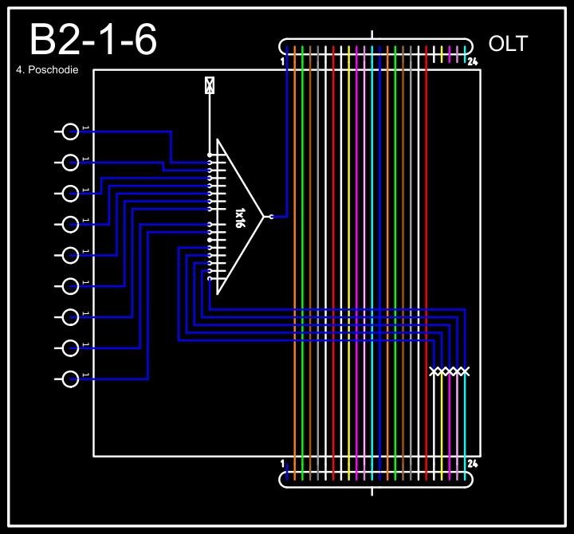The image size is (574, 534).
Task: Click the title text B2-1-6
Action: (92, 41)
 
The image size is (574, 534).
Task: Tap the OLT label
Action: (508, 44)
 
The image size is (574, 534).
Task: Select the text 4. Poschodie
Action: (47, 70)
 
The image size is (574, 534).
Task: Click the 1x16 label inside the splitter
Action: (239, 217)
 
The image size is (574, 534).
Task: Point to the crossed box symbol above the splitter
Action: (210, 85)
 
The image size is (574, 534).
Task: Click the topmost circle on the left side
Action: (71, 132)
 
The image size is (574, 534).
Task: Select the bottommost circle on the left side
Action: (71, 379)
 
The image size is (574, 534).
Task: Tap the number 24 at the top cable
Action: (472, 62)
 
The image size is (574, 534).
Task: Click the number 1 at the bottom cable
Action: (283, 463)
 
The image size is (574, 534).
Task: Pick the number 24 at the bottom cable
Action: (472, 463)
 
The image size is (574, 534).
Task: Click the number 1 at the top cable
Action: (283, 61)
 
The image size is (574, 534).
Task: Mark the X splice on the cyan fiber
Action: (465, 371)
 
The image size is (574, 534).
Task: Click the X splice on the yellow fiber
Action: (442, 371)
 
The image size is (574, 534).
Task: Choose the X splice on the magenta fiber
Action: (450, 371)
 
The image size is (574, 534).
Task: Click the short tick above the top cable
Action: (373, 34)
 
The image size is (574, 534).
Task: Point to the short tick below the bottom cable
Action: (373, 491)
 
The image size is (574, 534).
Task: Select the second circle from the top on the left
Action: (71, 163)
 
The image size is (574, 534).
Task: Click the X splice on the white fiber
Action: (434, 371)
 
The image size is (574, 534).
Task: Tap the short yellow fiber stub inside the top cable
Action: (442, 54)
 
